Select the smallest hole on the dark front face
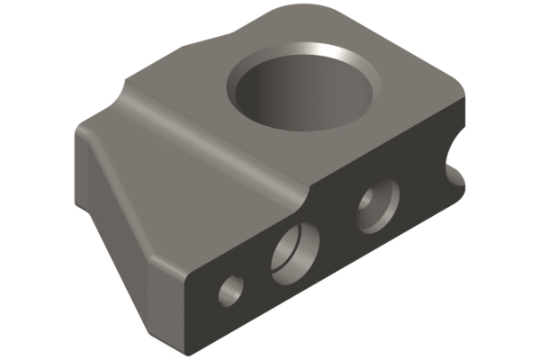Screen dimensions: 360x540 [x=231, y=288]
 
